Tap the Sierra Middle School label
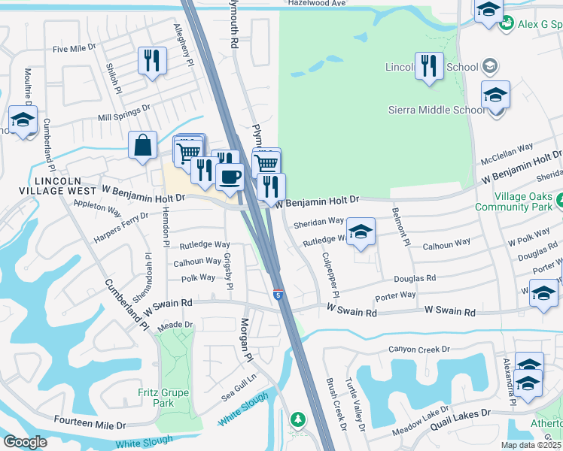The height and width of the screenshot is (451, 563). point(437,110)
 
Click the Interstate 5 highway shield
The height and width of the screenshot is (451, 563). point(278,296)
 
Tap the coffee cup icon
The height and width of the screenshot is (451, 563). point(230,177)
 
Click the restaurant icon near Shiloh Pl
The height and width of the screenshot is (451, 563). point(152,60)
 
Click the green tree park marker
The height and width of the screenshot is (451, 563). point(298,419)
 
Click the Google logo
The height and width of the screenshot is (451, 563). point(25,442)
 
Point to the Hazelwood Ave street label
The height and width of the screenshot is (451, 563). point(318,4)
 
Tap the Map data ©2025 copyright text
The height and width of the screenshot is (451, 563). point(531,445)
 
